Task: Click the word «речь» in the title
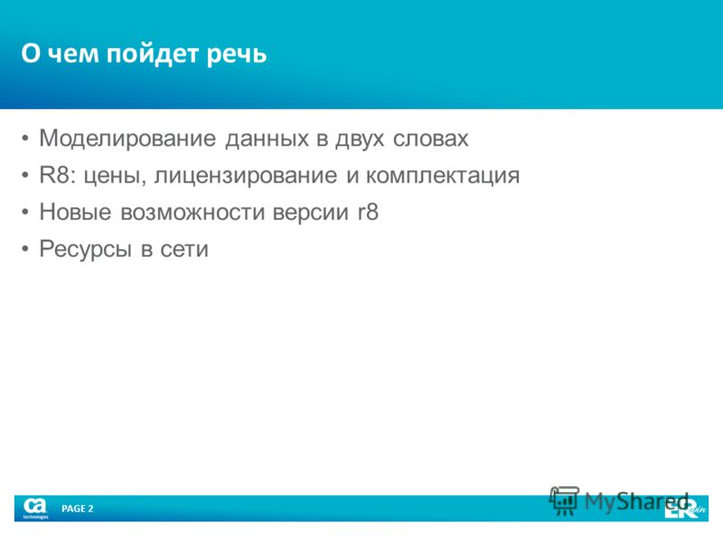tap(237, 54)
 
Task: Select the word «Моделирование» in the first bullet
tap(127, 139)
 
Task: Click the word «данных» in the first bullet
tap(267, 139)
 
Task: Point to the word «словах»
tap(431, 139)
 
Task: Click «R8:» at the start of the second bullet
tap(58, 175)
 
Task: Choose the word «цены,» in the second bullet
tap(115, 177)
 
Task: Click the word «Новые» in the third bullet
tap(76, 212)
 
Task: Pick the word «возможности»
tap(192, 213)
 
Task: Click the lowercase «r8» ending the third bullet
tap(368, 212)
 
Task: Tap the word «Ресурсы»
tap(86, 250)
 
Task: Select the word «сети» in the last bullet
tap(184, 250)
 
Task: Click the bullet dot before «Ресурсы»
tap(25, 249)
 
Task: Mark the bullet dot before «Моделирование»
tap(25, 139)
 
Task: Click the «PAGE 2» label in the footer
tap(78, 509)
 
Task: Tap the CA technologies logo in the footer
tap(35, 508)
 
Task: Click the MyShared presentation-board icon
tap(563, 500)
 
